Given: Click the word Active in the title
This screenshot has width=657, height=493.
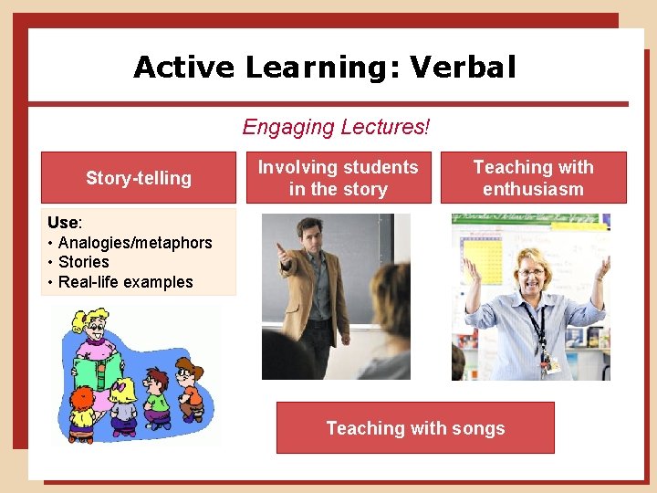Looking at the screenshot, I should click(x=185, y=67).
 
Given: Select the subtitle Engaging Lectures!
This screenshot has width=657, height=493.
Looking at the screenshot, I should click(x=335, y=127).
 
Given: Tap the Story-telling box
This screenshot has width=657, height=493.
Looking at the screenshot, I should click(x=139, y=178).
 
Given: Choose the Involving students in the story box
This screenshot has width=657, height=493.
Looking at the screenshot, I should click(x=338, y=178).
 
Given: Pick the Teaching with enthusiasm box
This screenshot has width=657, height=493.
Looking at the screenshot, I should click(x=534, y=178).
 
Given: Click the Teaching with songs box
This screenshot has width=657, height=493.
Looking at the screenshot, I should click(x=415, y=428).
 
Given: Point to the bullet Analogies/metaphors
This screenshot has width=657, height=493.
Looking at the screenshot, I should click(x=135, y=243).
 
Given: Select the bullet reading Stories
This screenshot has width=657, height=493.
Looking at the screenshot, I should click(x=84, y=262).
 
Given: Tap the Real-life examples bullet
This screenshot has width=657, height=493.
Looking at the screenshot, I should click(x=126, y=282).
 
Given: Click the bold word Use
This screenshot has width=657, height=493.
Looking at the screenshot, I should click(x=63, y=223).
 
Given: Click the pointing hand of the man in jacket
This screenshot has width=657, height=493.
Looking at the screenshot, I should click(x=281, y=251).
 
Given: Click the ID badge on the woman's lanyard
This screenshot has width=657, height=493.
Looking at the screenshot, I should click(x=550, y=363).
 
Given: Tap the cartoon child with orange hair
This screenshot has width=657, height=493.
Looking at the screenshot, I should click(x=83, y=401).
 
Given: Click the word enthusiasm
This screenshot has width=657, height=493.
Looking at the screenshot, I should click(x=534, y=190).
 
